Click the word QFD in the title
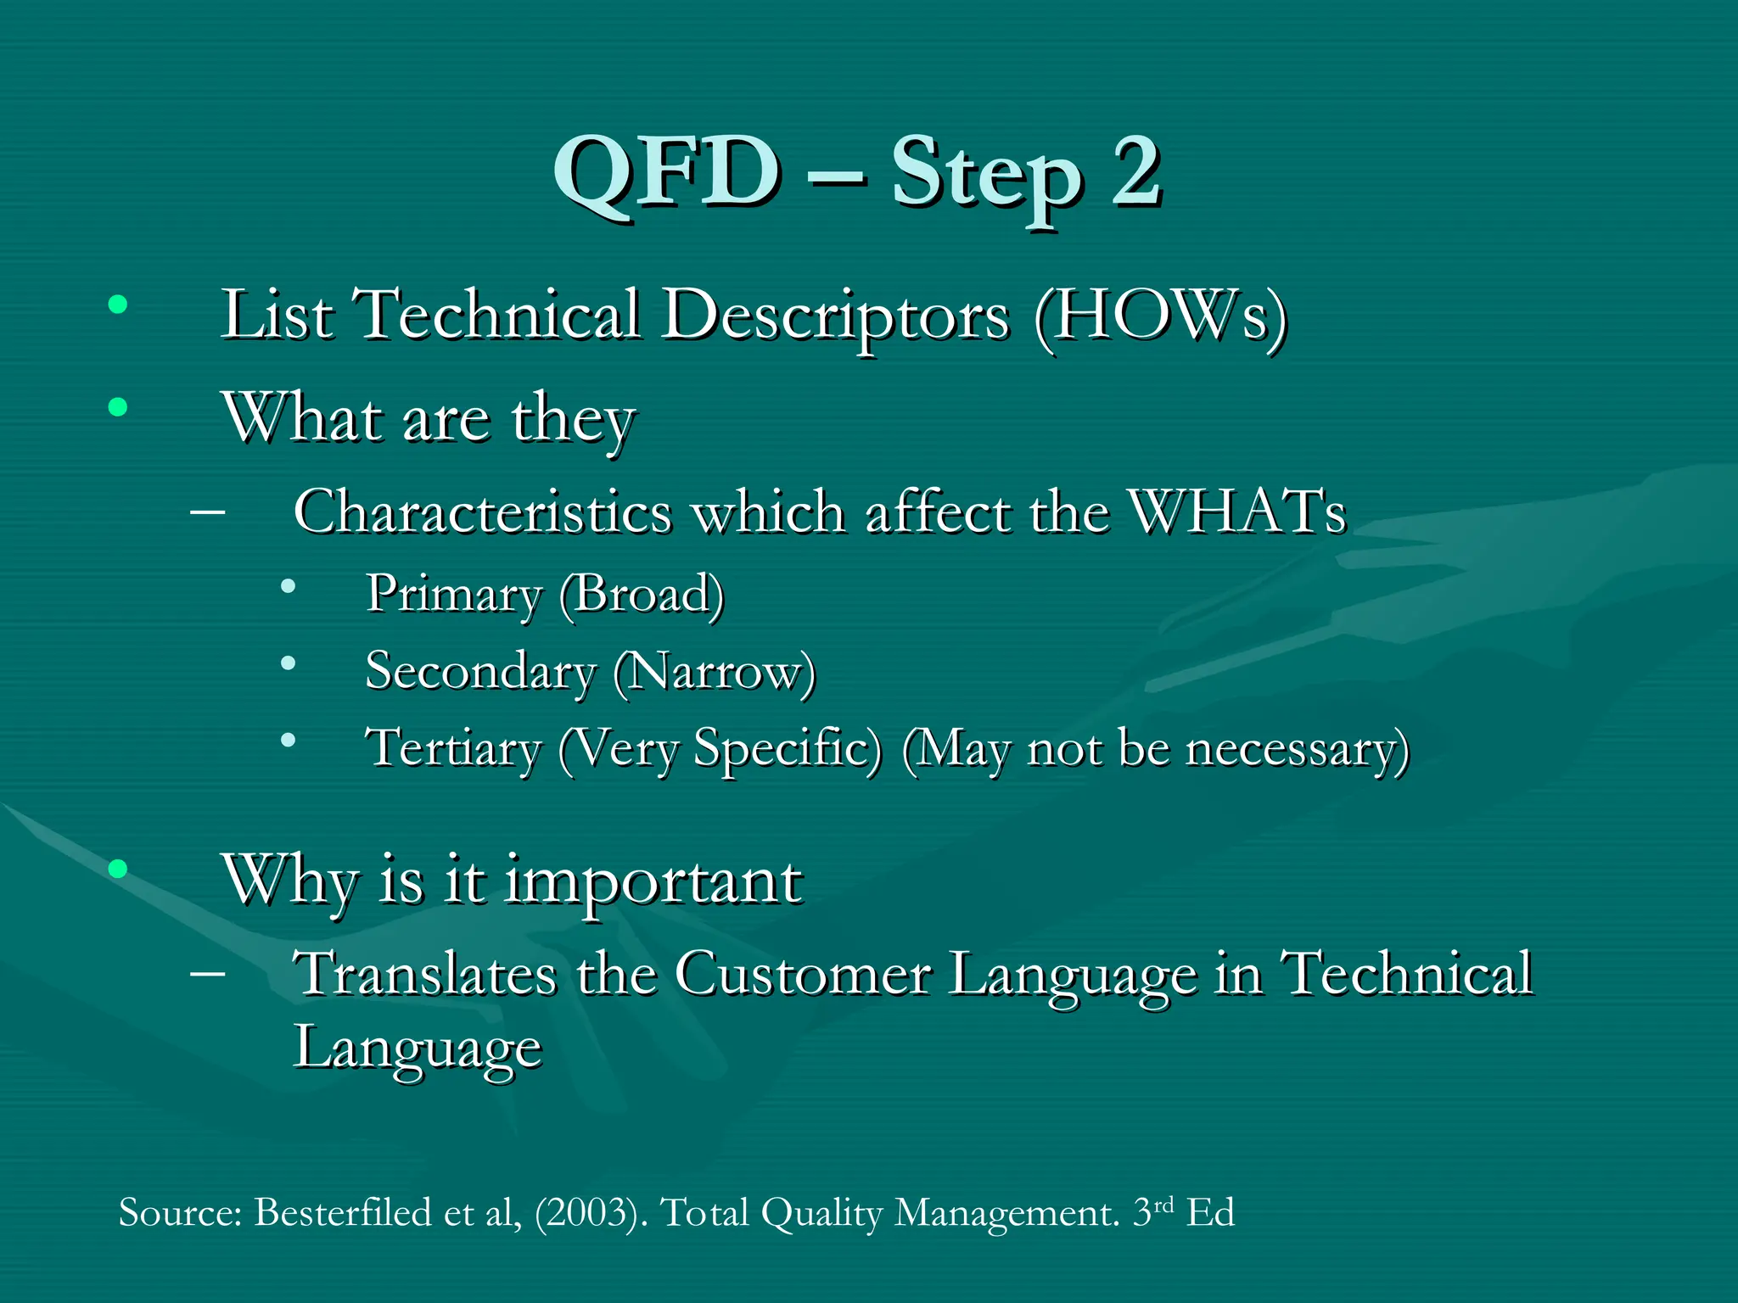point(667,174)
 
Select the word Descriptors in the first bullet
point(836,316)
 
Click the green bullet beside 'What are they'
point(118,408)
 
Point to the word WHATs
point(1239,512)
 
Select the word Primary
point(453,594)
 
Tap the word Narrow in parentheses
point(713,672)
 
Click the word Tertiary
point(453,749)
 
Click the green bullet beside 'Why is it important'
point(118,869)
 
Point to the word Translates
point(424,974)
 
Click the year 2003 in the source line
point(586,1212)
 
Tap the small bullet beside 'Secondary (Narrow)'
point(289,663)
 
